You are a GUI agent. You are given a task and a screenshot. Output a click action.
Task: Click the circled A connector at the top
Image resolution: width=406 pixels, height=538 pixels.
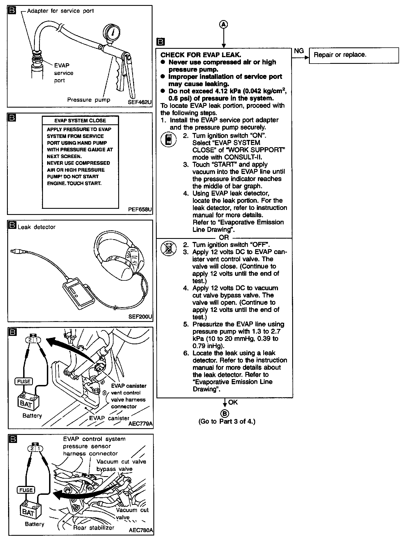[x=224, y=25]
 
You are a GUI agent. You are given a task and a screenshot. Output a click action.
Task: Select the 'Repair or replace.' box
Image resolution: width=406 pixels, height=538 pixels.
[x=354, y=55]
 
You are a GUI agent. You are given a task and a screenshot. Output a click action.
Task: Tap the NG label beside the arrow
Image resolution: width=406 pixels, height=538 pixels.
[x=299, y=51]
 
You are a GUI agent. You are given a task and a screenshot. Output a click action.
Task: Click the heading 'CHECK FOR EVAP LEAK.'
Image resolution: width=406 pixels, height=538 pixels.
[x=200, y=55]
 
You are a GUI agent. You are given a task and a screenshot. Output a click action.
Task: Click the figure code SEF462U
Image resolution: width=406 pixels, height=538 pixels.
[x=140, y=102]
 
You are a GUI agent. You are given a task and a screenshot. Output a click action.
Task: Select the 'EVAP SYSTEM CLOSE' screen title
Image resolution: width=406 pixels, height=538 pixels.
[x=80, y=121]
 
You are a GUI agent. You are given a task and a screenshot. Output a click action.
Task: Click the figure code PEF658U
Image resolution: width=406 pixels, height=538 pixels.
[x=140, y=209]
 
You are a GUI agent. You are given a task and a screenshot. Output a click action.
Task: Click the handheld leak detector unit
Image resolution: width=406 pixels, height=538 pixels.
[x=78, y=294]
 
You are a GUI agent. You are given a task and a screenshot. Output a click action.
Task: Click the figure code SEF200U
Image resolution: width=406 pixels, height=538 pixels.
[x=140, y=317]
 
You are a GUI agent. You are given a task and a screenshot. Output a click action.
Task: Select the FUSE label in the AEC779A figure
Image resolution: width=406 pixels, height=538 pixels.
[x=24, y=381]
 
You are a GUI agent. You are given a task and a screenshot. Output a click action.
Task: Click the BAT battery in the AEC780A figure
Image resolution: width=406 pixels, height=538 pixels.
[x=29, y=512]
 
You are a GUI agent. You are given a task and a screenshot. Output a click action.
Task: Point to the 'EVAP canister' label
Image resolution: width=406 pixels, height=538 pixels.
[x=109, y=418]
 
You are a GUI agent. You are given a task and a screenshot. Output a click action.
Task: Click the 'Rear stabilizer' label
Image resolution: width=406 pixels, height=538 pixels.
[x=94, y=527]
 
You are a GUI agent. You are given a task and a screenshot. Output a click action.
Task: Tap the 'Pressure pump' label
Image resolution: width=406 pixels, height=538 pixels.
[x=89, y=100]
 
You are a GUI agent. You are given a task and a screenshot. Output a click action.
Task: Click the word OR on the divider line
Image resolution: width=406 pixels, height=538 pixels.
[x=224, y=238]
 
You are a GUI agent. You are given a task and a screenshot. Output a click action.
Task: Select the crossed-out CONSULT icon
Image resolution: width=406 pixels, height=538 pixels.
[x=168, y=248]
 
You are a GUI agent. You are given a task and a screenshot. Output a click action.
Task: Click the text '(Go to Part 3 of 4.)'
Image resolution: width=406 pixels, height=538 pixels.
[x=227, y=421]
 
